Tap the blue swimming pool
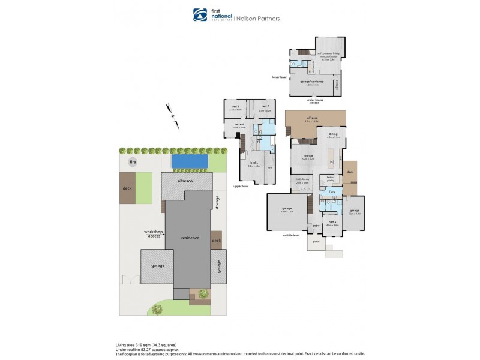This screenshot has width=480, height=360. coord(190,161)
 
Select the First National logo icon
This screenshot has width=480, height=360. coord(198,14)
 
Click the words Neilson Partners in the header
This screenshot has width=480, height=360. coord(260,18)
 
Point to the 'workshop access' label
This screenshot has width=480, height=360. coord(153,233)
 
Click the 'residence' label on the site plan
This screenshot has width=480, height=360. coord(190,238)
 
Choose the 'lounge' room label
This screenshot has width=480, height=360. coord(308,157)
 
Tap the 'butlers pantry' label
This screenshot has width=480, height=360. coord(330,179)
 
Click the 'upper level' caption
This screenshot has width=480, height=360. coord(241,187)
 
